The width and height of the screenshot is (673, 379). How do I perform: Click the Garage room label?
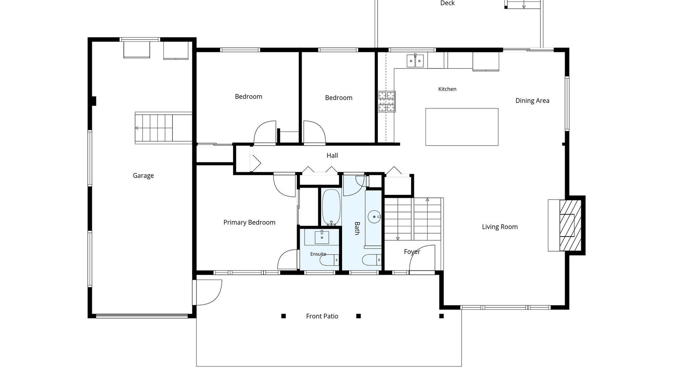coord(143,176)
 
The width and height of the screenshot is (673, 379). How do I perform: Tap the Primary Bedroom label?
coord(249,222)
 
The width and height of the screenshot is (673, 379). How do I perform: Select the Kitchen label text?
coord(447,89)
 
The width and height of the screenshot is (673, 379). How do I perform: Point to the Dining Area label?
coord(532,101)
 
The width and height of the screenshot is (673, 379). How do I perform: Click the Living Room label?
coord(499,227)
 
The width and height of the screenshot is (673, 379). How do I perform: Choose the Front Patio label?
coord(322,316)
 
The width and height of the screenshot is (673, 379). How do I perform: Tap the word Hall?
coord(332,155)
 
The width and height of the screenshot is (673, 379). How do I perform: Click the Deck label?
coord(447,3)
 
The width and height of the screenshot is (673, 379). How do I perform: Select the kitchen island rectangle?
coord(462,127)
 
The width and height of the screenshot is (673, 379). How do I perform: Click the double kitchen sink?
coord(415,61)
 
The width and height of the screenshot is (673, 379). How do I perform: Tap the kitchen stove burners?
coord(387,101)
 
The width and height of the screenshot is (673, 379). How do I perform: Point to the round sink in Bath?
coord(374,217)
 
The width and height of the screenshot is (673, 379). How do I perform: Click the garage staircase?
coord(164,128)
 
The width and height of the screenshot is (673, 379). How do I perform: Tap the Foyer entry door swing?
coord(422,258)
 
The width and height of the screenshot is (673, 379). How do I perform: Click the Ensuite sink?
coord(322,238)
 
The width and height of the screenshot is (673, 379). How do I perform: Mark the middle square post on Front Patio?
coord(358,316)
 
